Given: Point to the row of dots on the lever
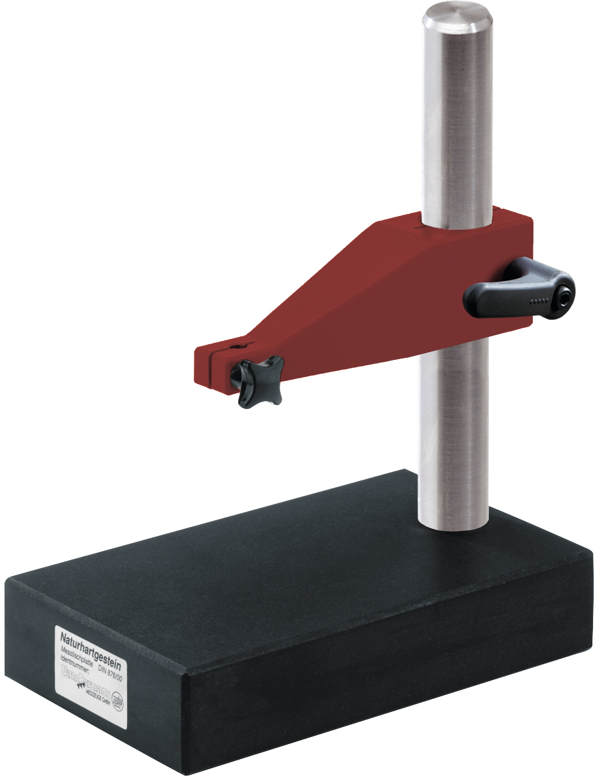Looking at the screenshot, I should (541, 302).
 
